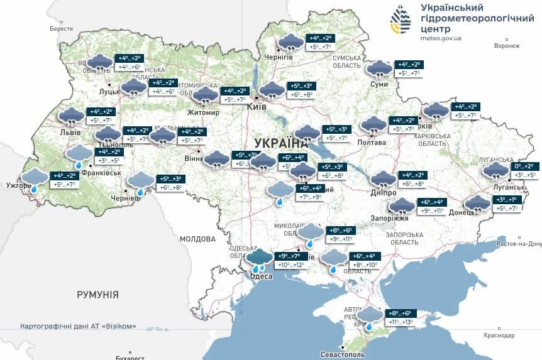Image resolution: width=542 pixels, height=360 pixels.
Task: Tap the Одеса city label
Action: click(261, 276)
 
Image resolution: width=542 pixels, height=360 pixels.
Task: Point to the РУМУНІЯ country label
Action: click(97, 294)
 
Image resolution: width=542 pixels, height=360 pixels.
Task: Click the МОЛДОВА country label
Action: click(197, 239)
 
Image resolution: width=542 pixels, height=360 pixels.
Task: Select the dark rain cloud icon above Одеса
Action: click(259, 258)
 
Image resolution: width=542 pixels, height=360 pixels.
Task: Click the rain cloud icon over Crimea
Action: click(369, 316)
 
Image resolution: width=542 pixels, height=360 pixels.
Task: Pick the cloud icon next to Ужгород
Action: click(35, 179)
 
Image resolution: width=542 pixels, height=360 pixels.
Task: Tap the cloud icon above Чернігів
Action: click(290, 43)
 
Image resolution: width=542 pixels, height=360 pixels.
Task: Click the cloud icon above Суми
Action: click(379, 68)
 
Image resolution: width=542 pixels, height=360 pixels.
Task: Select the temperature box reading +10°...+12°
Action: click(290, 265)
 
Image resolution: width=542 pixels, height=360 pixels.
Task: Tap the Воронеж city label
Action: click(507, 46)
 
